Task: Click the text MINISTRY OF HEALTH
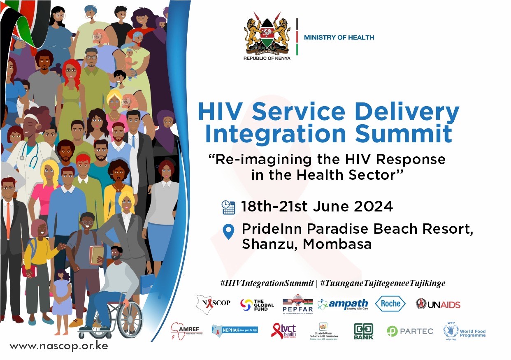pos(339,37)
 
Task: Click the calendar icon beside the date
pos(228,207)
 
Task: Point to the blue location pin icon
pos(228,232)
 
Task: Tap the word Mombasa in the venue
pos(337,244)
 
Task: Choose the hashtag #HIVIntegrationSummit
pos(267,283)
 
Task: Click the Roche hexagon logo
pos(390,304)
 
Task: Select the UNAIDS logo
pos(438,304)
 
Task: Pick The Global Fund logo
pos(257,305)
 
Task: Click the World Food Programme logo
pos(465,331)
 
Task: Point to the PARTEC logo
pos(410,331)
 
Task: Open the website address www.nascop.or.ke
pos(59,346)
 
